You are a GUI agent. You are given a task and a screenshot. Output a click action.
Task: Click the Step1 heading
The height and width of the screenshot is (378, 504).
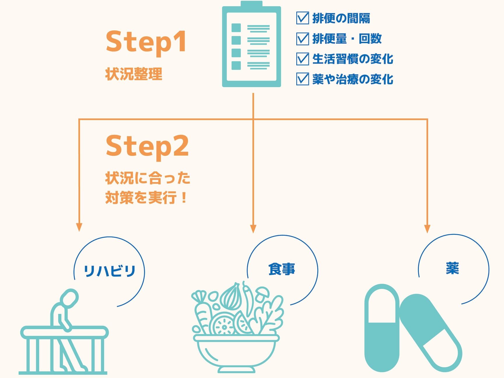(146, 42)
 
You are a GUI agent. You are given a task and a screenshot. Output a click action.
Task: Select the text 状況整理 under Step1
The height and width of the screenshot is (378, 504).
(134, 74)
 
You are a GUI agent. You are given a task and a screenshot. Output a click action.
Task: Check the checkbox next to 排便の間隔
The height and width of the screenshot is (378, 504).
(302, 18)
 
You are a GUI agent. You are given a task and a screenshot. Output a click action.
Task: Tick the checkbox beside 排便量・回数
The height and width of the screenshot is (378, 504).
(302, 38)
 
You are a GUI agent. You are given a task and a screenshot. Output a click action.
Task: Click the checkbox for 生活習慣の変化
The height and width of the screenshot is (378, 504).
(302, 59)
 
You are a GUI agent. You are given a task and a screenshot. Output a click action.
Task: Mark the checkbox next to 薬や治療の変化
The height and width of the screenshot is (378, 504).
(302, 79)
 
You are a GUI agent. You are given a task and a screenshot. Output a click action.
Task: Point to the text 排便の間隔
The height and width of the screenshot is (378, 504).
(341, 18)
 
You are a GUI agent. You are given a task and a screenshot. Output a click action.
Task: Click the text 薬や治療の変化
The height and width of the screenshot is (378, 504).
(353, 79)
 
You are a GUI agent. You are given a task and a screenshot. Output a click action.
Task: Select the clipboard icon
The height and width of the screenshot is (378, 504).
(251, 44)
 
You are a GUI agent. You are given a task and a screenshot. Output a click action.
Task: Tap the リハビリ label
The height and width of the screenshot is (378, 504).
(109, 271)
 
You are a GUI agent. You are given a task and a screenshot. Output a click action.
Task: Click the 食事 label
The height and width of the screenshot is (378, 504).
(282, 269)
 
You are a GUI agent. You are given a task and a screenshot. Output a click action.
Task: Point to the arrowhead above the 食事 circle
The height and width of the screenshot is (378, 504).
(253, 229)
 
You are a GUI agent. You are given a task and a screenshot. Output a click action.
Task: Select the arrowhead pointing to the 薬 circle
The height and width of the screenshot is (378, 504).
(427, 229)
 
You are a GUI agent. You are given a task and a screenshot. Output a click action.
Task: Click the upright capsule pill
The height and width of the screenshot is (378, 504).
(382, 328)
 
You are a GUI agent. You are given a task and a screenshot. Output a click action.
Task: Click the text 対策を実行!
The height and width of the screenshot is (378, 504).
(146, 198)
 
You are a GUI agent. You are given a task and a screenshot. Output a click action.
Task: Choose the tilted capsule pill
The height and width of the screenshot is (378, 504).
(430, 333)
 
